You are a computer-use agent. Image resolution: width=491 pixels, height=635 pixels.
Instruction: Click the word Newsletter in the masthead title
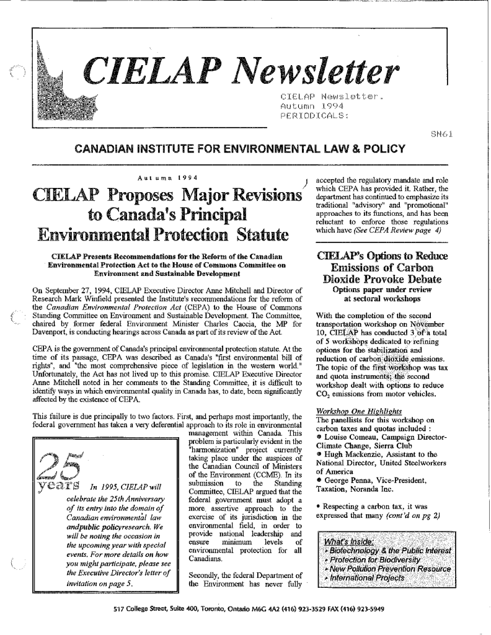pyautogui.click(x=318, y=74)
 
